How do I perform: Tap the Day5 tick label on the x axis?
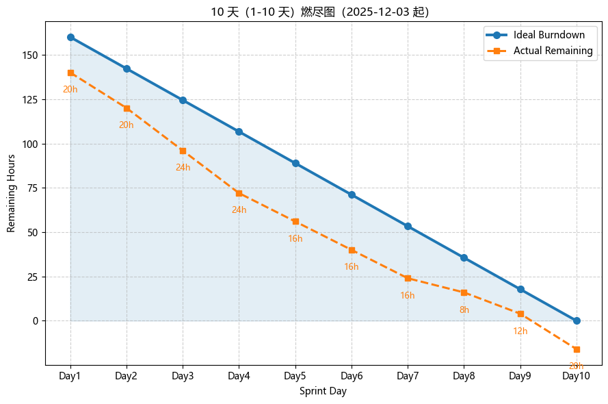[295, 375]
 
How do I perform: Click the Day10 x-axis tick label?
[576, 375]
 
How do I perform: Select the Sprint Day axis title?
[323, 392]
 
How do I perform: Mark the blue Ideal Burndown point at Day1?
[70, 37]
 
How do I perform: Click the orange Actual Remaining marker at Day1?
[70, 73]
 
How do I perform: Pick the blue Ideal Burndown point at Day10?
[577, 320]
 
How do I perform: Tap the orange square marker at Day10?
[577, 349]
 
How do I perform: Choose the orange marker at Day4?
[239, 193]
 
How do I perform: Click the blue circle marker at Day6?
[352, 194]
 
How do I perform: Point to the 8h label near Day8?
[464, 310]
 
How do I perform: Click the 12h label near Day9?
[520, 331]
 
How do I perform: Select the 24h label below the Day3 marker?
[183, 168]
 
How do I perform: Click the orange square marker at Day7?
[408, 278]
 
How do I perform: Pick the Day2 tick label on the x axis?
[127, 375]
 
